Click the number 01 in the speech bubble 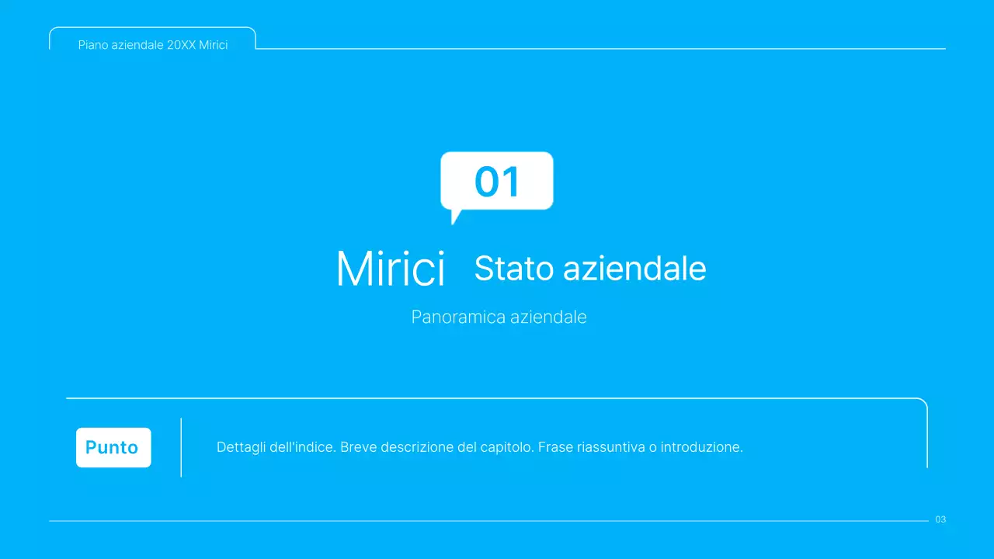tap(497, 182)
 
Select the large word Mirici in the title tap(391, 269)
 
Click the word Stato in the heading tap(514, 269)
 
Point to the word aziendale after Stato tap(634, 269)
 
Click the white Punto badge tap(113, 447)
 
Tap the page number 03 tap(940, 519)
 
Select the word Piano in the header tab tap(92, 45)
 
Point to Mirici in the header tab tap(214, 45)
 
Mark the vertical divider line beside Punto tap(181, 447)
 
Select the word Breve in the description tap(358, 447)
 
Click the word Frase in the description tap(555, 447)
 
